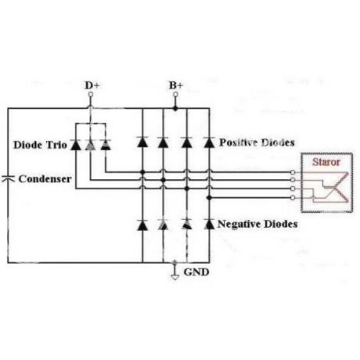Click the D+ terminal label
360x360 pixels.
pyautogui.click(x=92, y=85)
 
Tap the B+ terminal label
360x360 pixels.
pyautogui.click(x=176, y=85)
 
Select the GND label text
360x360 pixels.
pyautogui.click(x=196, y=272)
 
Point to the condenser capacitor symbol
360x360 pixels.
pyautogui.click(x=9, y=178)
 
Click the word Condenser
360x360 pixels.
pyautogui.click(x=45, y=179)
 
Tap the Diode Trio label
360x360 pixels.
pyautogui.click(x=40, y=145)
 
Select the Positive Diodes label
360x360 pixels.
pyautogui.click(x=257, y=142)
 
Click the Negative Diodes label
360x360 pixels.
pyautogui.click(x=257, y=224)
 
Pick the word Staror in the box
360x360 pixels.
pyautogui.click(x=326, y=162)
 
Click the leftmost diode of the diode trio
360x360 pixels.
pyautogui.click(x=76, y=145)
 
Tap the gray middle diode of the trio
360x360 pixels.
pyautogui.click(x=90, y=145)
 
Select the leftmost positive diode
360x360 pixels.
pyautogui.click(x=142, y=142)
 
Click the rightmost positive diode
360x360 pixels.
pyautogui.click(x=209, y=142)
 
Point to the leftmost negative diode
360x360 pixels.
pyautogui.click(x=142, y=225)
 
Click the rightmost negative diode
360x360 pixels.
pyautogui.click(x=209, y=224)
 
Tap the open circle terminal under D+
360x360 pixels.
pyautogui.click(x=90, y=94)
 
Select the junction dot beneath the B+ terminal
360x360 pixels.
pyautogui.click(x=175, y=108)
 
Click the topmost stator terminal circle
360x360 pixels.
pyautogui.click(x=293, y=172)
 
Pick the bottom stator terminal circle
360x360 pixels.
pyautogui.click(x=293, y=198)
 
